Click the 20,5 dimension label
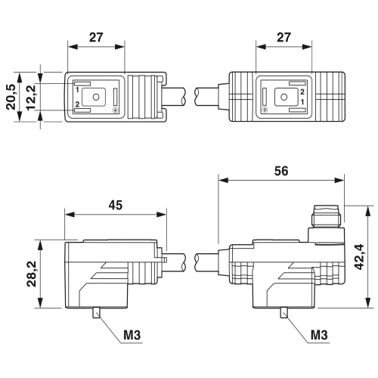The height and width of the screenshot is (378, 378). point(11,97)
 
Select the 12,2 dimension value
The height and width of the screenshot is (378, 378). point(31,97)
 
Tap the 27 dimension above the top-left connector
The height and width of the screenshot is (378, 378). point(96,37)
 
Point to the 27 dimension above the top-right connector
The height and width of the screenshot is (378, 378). point(283,37)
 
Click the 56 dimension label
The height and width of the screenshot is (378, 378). point(281,171)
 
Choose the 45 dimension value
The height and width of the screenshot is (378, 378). point(116,205)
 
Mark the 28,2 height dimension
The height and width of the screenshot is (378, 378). point(32,274)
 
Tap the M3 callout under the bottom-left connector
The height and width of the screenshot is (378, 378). point(132,335)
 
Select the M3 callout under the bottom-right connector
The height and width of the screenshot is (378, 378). point(319,335)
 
